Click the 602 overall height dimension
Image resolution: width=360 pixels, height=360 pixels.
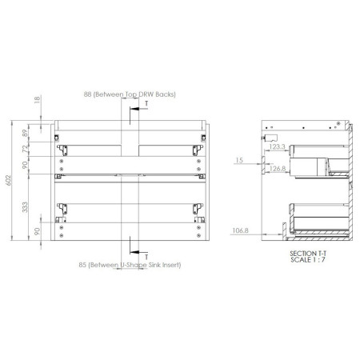point(8,180)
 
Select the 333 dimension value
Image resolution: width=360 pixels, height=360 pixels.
point(25,207)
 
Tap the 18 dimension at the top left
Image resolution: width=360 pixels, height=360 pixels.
point(37,99)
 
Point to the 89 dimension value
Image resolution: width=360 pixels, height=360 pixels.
point(25,133)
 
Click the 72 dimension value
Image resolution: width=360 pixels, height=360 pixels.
point(25,149)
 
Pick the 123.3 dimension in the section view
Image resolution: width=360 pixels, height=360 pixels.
point(277,146)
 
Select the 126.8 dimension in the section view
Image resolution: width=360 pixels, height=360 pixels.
point(277,169)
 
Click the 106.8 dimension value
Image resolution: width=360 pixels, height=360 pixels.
point(240,230)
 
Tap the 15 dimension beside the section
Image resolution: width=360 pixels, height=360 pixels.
point(239,160)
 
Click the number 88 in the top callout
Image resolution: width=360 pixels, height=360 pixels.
point(88,94)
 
